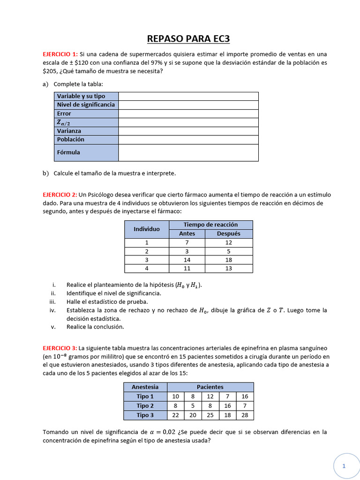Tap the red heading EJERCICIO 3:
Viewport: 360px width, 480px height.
pos(60,348)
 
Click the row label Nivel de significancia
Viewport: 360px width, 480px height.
pos(86,105)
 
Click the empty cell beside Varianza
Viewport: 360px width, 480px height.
pos(188,131)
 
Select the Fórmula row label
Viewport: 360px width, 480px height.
pos(68,152)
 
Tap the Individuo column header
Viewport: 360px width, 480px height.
pos(147,229)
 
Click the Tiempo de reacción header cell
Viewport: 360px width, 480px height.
pos(210,225)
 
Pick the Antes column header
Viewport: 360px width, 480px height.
pos(187,233)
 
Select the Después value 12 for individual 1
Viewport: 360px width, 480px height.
pos(228,242)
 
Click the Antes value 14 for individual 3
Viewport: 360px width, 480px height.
pos(187,260)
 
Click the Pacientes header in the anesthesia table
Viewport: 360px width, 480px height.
pos(210,387)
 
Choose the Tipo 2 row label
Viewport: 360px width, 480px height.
pos(145,406)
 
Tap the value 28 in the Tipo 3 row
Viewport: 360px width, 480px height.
pos(245,415)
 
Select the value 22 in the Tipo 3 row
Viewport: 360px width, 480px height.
pos(176,415)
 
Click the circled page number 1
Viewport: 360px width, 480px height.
pos(344,466)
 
